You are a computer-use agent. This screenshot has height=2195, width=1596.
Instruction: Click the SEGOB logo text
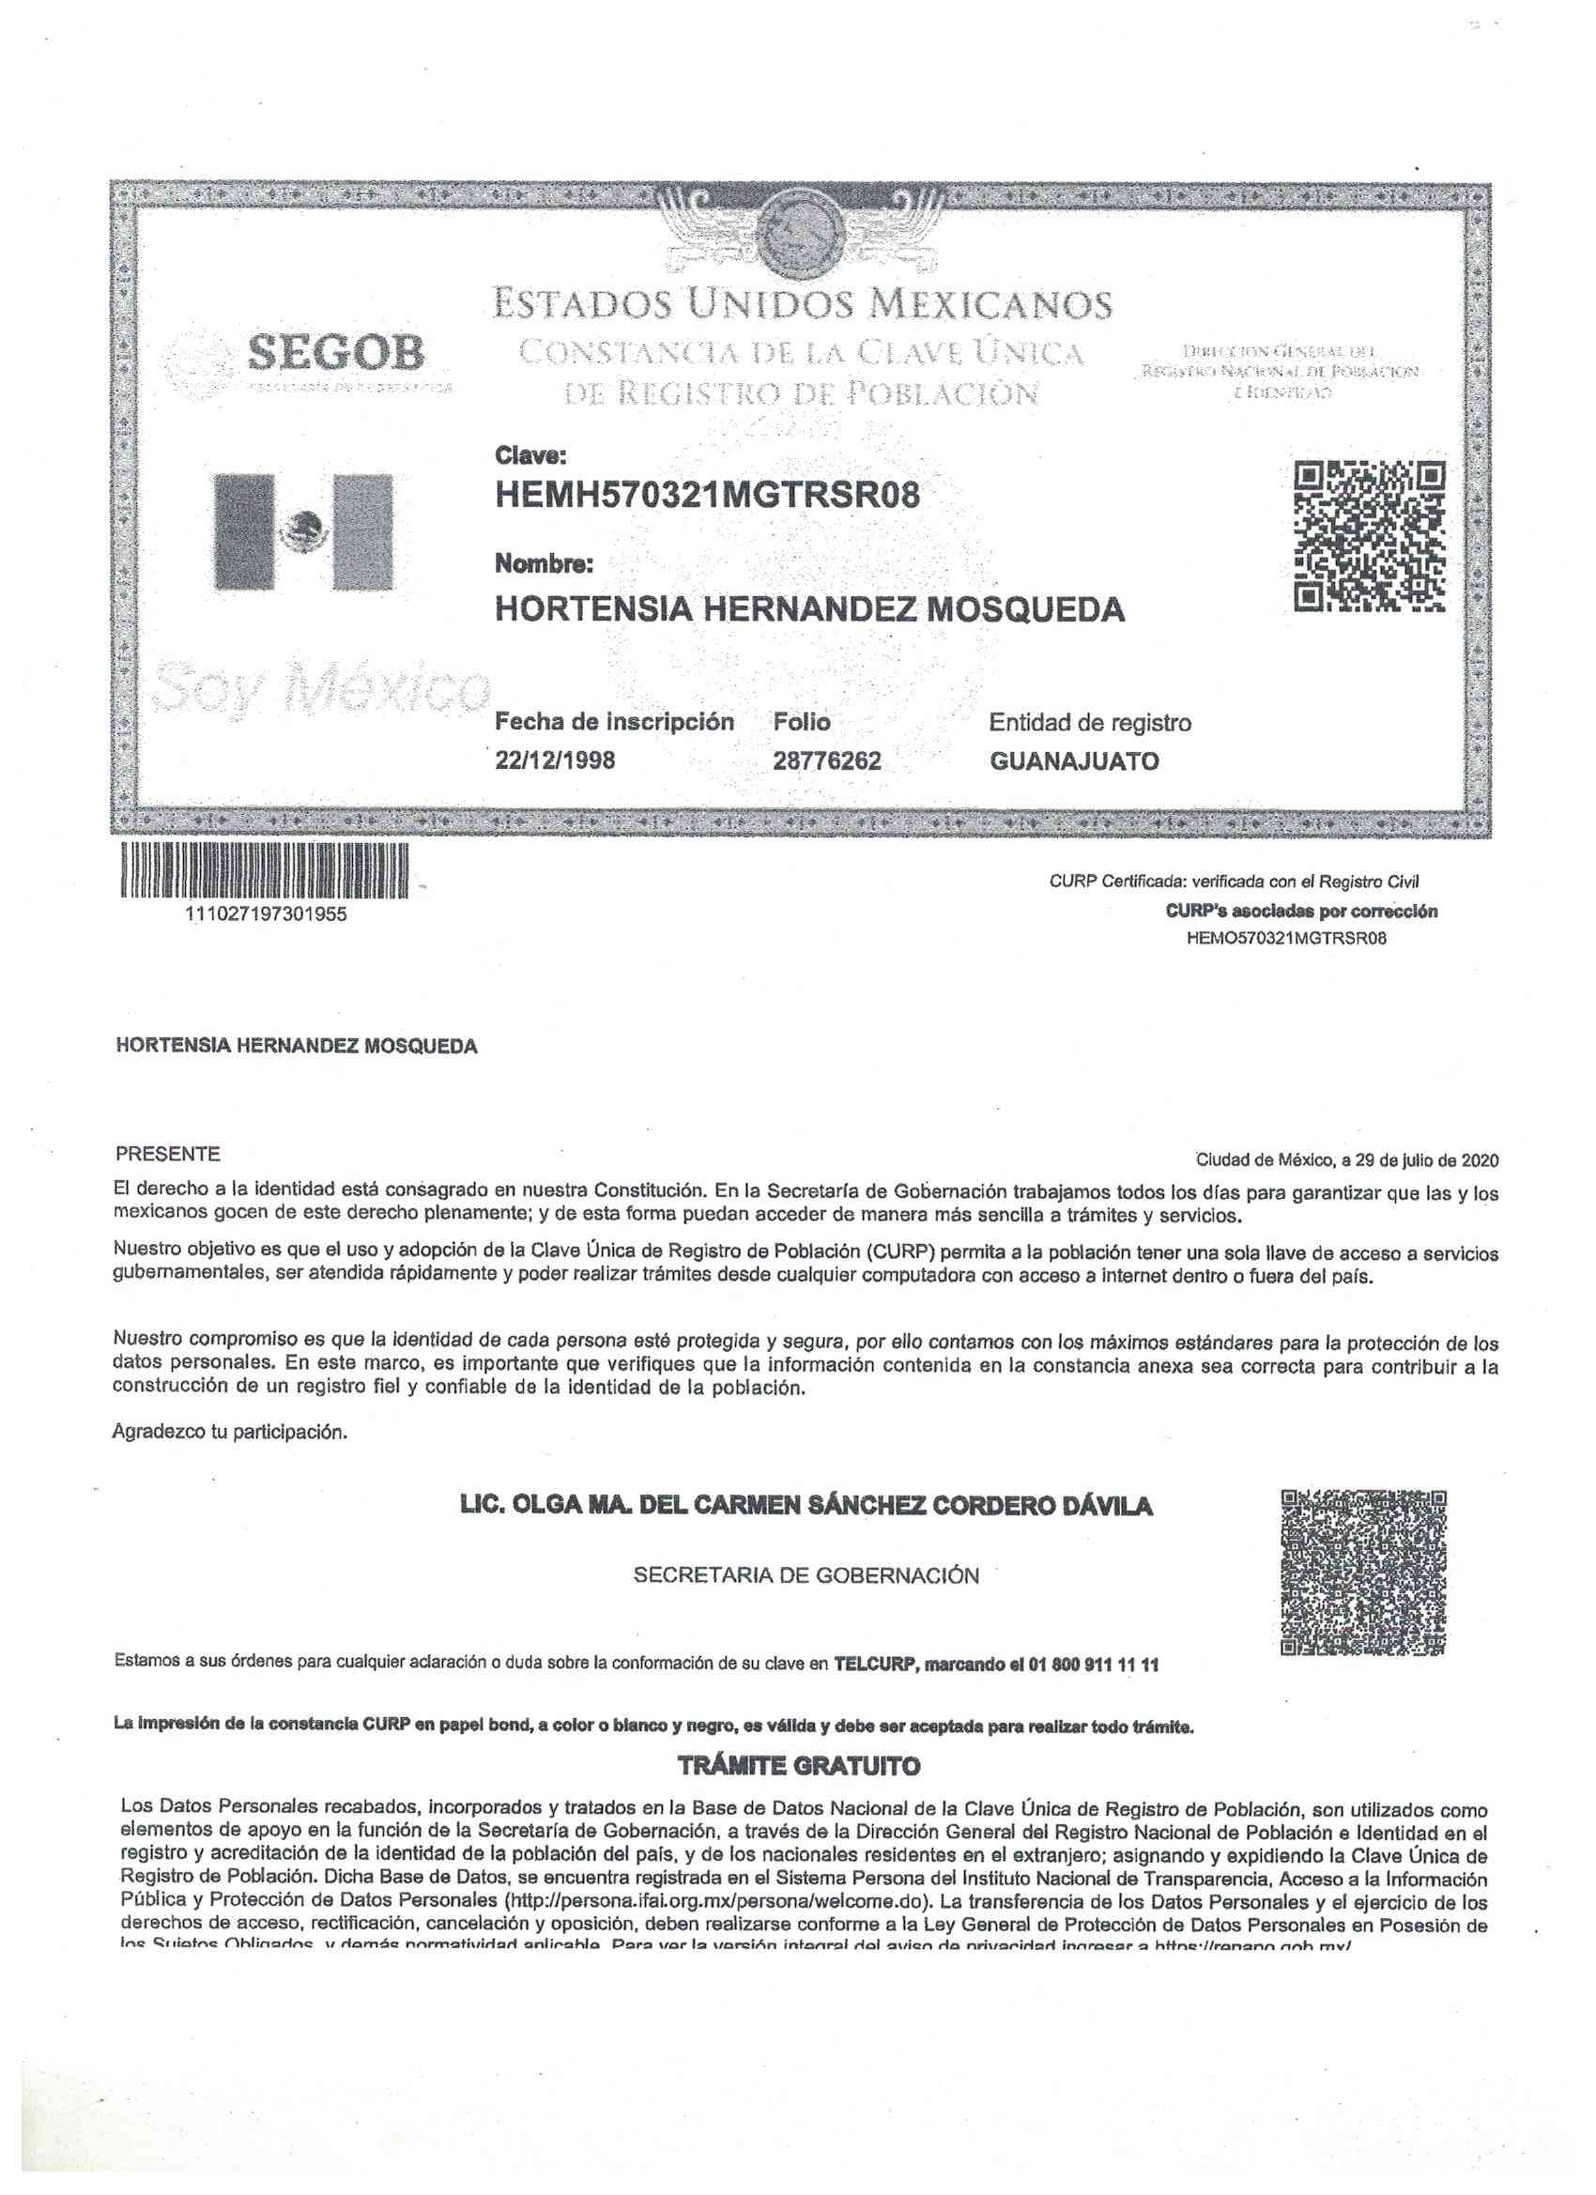pos(336,353)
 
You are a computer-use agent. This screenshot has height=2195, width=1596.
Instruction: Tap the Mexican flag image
pos(303,531)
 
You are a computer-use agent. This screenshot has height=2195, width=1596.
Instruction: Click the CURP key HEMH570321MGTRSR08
pos(707,496)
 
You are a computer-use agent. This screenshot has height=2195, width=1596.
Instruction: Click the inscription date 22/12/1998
pos(555,760)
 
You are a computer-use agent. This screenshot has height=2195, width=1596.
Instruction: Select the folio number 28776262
pos(826,761)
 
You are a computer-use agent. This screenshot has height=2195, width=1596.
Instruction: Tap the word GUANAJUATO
pos(1073,761)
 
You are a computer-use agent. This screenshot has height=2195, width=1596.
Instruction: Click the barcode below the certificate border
pos(264,870)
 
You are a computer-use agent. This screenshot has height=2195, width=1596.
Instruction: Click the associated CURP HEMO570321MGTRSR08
pos(1285,938)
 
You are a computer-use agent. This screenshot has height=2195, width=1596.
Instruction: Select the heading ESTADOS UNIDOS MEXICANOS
pos(803,305)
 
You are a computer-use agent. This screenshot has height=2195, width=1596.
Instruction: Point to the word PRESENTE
pos(167,1154)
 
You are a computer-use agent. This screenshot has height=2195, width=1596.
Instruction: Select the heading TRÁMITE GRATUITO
pos(799,1766)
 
